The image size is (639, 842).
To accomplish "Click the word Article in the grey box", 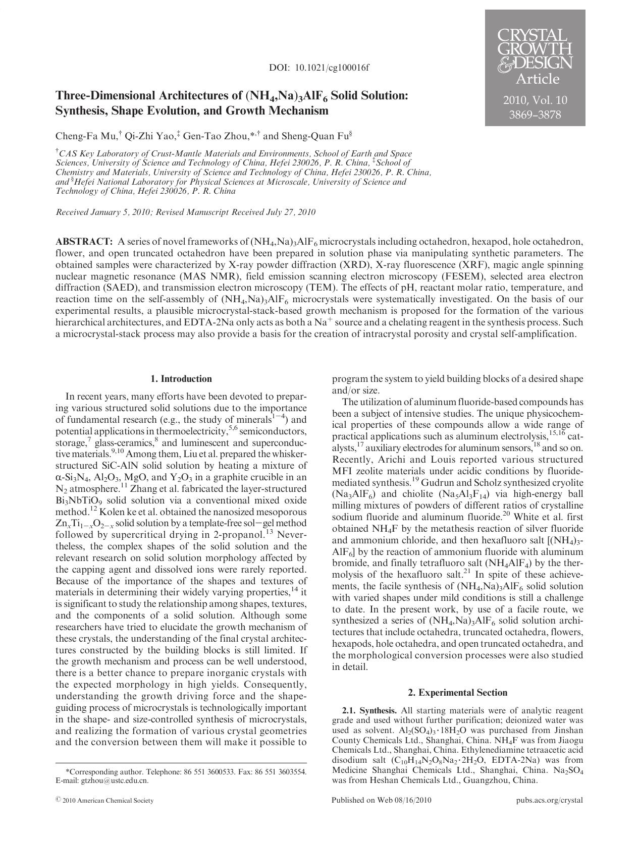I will pyautogui.click(x=537, y=79).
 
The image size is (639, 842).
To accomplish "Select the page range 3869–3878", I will pyautogui.click(x=535, y=115).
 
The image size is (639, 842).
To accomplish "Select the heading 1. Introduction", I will pyautogui.click(x=181, y=379).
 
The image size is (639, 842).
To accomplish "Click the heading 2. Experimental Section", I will pyautogui.click(x=457, y=693).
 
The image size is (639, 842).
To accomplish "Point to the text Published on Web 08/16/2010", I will pyautogui.click(x=382, y=800).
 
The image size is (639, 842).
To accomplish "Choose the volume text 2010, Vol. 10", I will pyautogui.click(x=535, y=100).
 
